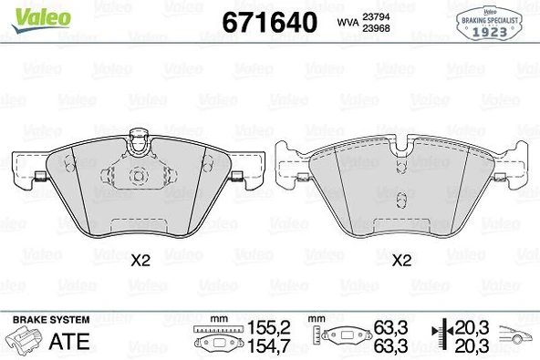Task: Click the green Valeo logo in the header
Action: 30,13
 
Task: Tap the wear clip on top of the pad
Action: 139,140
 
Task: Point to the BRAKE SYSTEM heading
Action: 50,320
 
